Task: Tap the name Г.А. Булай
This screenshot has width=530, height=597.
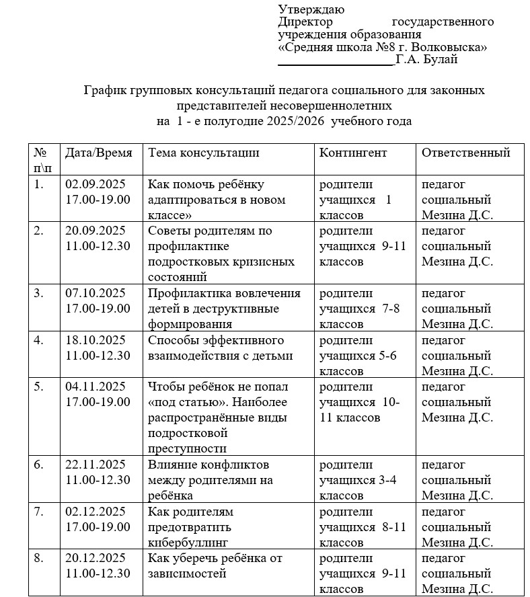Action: (427, 60)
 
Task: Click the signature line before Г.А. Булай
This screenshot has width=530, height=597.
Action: (336, 63)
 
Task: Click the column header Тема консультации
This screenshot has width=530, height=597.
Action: (203, 153)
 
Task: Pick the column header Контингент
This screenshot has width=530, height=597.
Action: (353, 153)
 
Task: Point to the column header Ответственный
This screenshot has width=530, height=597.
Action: (465, 153)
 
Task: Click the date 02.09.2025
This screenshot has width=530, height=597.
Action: (96, 184)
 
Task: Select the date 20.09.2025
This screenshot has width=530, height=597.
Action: (96, 230)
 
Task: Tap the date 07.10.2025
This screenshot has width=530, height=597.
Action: (96, 293)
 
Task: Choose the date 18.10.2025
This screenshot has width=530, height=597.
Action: (96, 340)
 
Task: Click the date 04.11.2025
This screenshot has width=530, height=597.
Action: (96, 386)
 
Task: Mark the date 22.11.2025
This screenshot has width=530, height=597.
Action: (96, 465)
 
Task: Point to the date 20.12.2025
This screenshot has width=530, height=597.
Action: (96, 558)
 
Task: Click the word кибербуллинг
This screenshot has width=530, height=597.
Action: (188, 542)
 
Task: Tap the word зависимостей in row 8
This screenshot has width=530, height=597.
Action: (187, 573)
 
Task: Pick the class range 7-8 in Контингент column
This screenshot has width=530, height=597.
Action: (390, 309)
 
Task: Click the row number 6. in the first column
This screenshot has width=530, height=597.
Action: (39, 465)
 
